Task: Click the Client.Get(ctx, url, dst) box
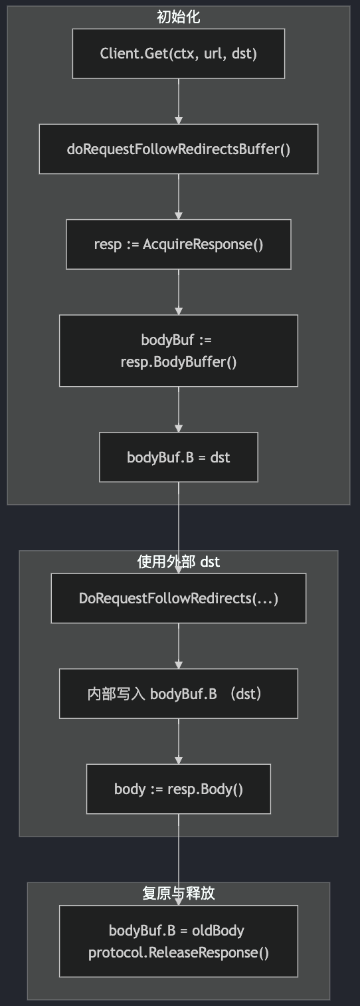[x=179, y=53]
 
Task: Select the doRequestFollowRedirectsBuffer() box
[x=179, y=149]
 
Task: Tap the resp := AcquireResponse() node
[x=179, y=245]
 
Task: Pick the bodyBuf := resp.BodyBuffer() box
[x=179, y=350]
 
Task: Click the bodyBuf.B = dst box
[x=179, y=457]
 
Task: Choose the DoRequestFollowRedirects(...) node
[x=179, y=598]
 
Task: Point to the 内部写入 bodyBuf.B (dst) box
[x=179, y=694]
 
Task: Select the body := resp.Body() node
[x=179, y=789]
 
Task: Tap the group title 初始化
[x=179, y=17]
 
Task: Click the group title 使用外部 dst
[x=179, y=561]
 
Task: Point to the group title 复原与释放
[x=179, y=893]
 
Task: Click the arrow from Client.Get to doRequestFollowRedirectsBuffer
[x=179, y=102]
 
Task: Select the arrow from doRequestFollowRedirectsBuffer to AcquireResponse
[x=179, y=197]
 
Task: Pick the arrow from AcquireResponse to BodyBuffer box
[x=179, y=292]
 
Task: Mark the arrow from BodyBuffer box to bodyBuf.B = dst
[x=179, y=409]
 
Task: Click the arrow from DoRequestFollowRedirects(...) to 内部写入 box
[x=179, y=646]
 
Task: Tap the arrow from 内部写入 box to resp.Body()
[x=179, y=741]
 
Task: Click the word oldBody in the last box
[x=218, y=930]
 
